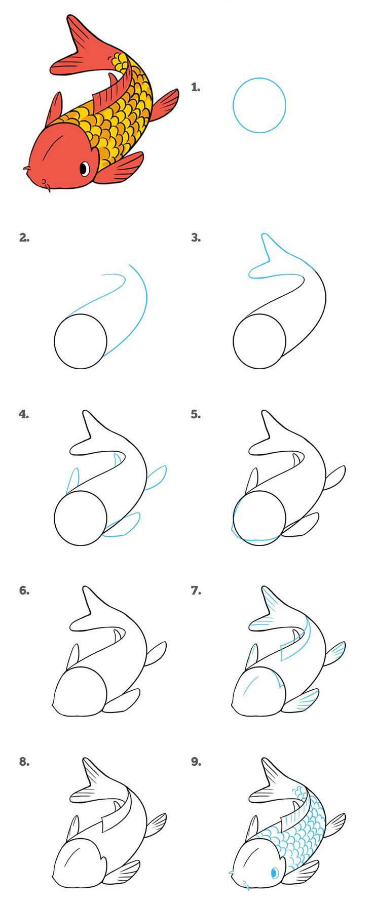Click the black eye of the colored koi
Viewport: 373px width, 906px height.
[85, 168]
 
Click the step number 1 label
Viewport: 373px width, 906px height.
[196, 87]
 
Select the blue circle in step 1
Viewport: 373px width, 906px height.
[259, 105]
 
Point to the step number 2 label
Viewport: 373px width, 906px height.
[24, 237]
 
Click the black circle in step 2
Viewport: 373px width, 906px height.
[81, 341]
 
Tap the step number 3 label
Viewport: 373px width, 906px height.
[196, 237]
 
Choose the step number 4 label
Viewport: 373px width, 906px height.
[24, 414]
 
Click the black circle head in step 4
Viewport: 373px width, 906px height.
[81, 518]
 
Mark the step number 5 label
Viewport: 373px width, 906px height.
[196, 414]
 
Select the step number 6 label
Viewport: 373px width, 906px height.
[24, 590]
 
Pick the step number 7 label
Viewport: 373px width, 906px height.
[196, 590]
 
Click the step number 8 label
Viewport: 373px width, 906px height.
[24, 761]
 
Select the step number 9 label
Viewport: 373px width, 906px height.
[196, 761]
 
